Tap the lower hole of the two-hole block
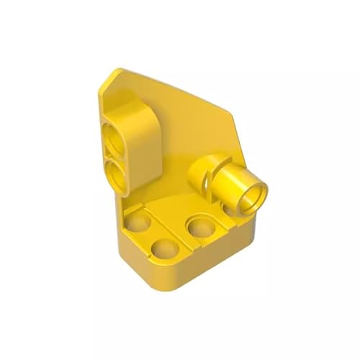tap(115, 171)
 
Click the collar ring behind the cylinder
tap(203, 171)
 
